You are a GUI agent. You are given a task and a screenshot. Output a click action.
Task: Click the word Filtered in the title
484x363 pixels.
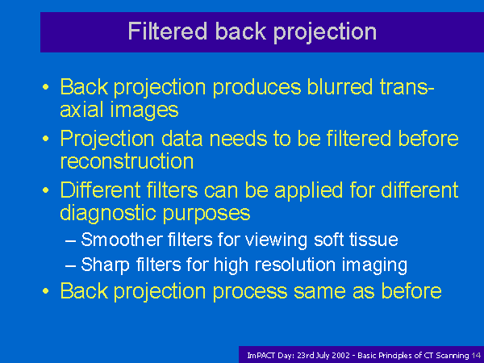[167, 31]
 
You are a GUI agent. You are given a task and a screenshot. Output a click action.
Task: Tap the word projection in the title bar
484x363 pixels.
[325, 33]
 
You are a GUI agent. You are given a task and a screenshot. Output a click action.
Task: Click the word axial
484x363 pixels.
[81, 110]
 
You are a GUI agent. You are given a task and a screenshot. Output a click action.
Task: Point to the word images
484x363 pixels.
[144, 111]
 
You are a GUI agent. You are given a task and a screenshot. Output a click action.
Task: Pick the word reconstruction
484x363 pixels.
[127, 161]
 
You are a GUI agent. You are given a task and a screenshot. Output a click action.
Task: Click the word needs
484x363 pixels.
[238, 139]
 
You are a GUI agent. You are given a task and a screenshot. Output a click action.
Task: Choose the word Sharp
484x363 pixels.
[105, 265]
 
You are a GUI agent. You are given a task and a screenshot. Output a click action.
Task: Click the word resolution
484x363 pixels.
[295, 265]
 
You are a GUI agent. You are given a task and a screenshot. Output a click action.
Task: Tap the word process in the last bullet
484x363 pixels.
[250, 292]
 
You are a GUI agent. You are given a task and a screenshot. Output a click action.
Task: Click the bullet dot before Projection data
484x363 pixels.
[46, 139]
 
